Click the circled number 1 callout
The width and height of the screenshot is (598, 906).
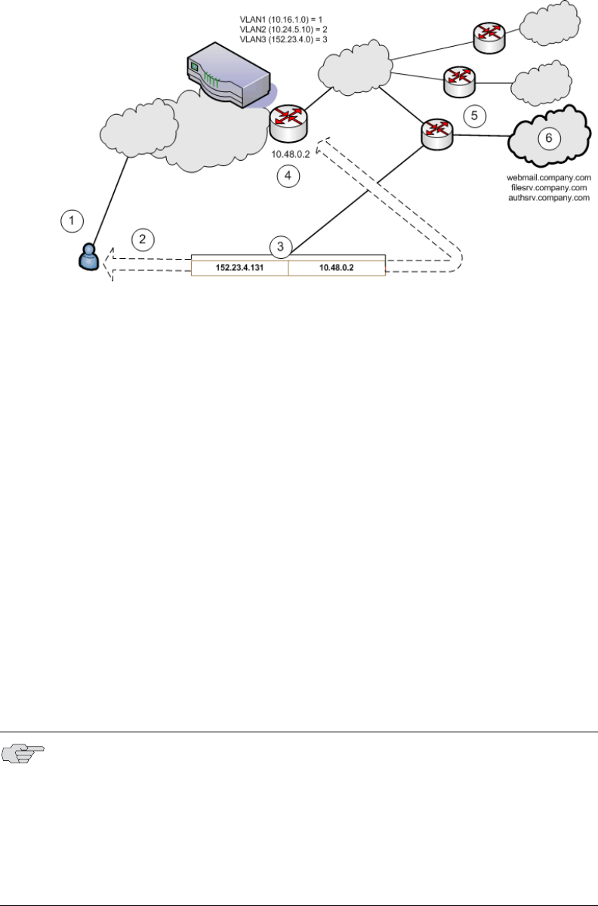pyautogui.click(x=72, y=220)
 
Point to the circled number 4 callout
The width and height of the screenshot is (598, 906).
pyautogui.click(x=288, y=177)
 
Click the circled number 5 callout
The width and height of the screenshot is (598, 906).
pyautogui.click(x=474, y=116)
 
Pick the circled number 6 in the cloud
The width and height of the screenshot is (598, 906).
pyautogui.click(x=548, y=137)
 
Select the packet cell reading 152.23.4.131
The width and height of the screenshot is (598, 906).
pyautogui.click(x=240, y=267)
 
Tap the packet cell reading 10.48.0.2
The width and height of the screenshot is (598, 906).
pyautogui.click(x=337, y=267)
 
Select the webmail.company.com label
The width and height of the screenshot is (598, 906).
pyautogui.click(x=547, y=177)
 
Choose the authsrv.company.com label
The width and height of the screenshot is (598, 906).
pyautogui.click(x=547, y=197)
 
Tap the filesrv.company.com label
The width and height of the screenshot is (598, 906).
pyautogui.click(x=547, y=187)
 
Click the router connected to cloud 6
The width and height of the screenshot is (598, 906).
pyautogui.click(x=437, y=133)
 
